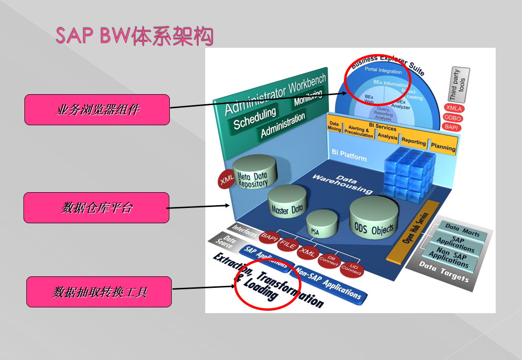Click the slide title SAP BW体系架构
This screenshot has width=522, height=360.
click(134, 36)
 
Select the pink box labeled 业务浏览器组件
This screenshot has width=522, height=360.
click(97, 109)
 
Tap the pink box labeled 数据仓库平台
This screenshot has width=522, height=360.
click(96, 207)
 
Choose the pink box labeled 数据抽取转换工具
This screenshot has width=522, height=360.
click(99, 292)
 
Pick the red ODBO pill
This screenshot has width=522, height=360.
click(453, 118)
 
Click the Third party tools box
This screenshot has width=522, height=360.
click(459, 85)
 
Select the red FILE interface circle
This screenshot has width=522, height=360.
click(288, 244)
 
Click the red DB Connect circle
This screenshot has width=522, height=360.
click(329, 260)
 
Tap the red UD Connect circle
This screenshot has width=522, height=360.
click(352, 269)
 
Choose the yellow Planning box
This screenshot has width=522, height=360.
click(443, 146)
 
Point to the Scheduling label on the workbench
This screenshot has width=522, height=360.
click(255, 118)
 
